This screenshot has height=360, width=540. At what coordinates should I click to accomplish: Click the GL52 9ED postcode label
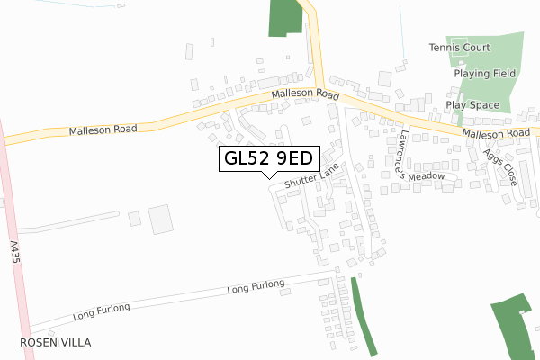click(x=267, y=158)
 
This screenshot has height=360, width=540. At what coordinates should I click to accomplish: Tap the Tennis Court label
click(x=460, y=48)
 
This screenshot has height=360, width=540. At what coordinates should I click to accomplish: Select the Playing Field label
click(x=484, y=73)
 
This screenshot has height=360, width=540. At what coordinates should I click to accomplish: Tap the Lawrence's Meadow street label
click(x=421, y=154)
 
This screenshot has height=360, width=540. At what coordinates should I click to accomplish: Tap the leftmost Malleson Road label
click(x=103, y=130)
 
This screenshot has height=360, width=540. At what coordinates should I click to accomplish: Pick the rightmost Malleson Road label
click(x=496, y=133)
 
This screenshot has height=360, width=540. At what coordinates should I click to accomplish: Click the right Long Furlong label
click(x=256, y=287)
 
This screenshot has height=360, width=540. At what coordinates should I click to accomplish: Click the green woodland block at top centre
click(x=284, y=17)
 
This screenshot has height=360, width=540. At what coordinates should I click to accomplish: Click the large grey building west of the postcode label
click(x=159, y=220)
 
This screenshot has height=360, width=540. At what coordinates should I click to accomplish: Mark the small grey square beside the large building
click(x=135, y=218)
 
